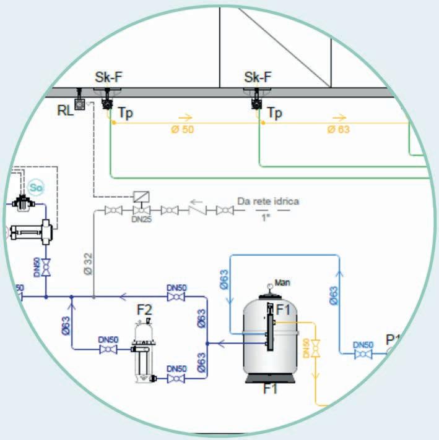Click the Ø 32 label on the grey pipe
(87, 261)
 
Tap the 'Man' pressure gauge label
(282, 283)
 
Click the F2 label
(144, 308)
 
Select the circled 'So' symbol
(35, 186)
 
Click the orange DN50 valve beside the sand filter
(316, 350)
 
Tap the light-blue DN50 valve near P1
(363, 354)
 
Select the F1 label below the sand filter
(270, 389)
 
